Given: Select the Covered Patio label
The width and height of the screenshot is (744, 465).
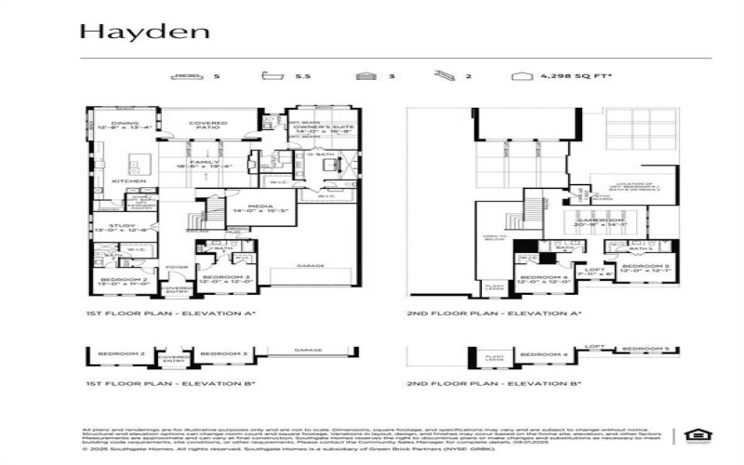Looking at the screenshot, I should pyautogui.click(x=208, y=126).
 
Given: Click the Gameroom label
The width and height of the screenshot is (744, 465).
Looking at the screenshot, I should pyautogui.click(x=596, y=222).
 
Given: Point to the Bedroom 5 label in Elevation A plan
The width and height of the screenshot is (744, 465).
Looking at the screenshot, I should pyautogui.click(x=641, y=269).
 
